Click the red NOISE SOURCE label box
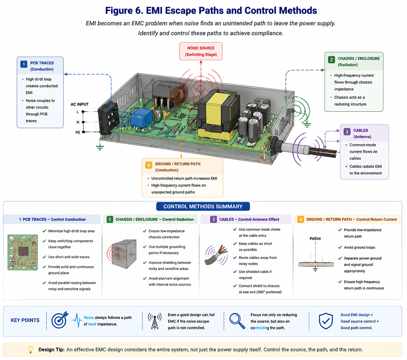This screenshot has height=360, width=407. click(201, 51)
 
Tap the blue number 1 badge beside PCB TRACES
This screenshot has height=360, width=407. click(24, 64)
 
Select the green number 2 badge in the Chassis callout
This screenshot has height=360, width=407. click(331, 59)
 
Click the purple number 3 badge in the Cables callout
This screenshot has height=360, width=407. click(347, 132)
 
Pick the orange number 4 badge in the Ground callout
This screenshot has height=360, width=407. click(149, 165)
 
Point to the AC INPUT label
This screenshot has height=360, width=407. click(80, 104)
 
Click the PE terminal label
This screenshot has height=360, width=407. click(78, 132)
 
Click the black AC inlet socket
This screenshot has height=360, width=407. click(109, 119)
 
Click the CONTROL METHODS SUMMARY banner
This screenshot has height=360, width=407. click(203, 206)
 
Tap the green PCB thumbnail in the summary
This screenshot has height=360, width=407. click(22, 252)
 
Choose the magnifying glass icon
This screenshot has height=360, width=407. click(237, 321)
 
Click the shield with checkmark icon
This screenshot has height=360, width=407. click(326, 321)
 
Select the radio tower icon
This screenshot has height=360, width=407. click(154, 321)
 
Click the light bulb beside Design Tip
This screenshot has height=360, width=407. click(30, 349)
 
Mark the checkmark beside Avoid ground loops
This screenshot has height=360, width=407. click(340, 247)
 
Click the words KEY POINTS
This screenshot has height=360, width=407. click(25, 320)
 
